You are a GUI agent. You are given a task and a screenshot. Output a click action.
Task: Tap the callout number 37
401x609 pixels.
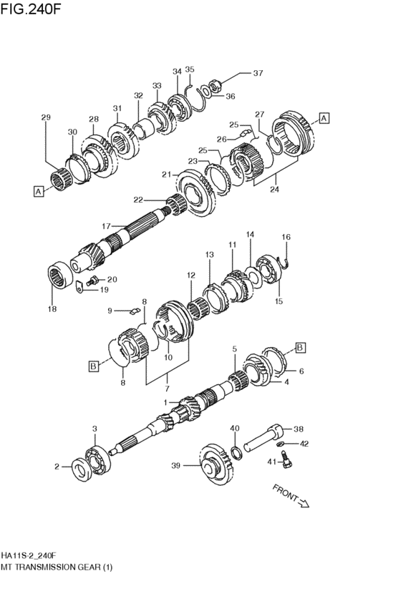click(x=258, y=72)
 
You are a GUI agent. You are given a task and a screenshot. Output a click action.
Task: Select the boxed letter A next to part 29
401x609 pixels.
click(x=39, y=191)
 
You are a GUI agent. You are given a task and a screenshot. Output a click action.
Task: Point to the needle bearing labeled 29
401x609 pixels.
click(x=59, y=179)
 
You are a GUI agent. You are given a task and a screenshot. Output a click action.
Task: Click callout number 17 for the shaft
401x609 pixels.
click(x=106, y=225)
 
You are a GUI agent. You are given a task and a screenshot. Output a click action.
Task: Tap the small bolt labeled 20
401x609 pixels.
click(x=92, y=280)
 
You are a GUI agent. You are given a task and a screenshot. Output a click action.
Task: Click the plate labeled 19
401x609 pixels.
click(x=79, y=288)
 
